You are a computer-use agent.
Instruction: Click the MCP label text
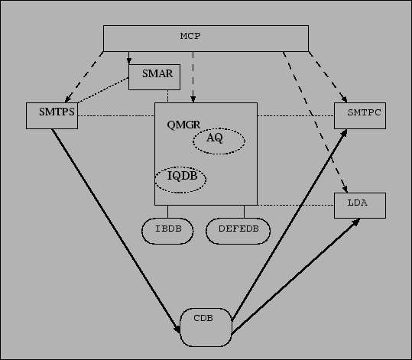[x=190, y=36]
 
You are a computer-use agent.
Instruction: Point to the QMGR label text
[x=183, y=125]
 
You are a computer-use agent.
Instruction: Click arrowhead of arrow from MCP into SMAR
[x=128, y=61]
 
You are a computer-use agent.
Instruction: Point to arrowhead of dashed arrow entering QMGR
[x=193, y=99]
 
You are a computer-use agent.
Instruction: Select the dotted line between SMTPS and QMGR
[x=116, y=115]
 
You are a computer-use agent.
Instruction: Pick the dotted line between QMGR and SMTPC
[x=296, y=115]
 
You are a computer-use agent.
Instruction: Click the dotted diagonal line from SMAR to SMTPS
[x=103, y=90]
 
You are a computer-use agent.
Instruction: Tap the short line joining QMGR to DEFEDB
[x=244, y=212]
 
